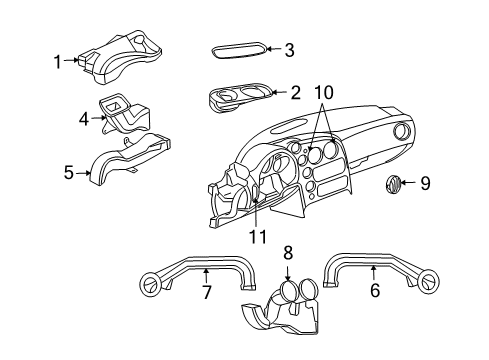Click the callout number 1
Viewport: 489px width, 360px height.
[58, 61]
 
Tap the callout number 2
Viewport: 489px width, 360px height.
[295, 93]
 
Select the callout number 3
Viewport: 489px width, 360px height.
[289, 50]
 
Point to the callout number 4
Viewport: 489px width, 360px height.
[85, 117]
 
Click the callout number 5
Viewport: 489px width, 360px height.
[69, 172]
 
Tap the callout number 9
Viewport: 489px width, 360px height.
[425, 183]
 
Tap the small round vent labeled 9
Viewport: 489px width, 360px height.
[393, 184]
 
